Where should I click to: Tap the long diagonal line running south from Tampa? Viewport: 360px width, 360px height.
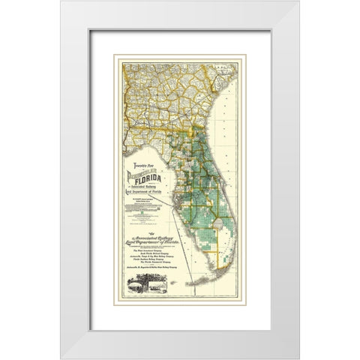pyautogui.click(x=196, y=240)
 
